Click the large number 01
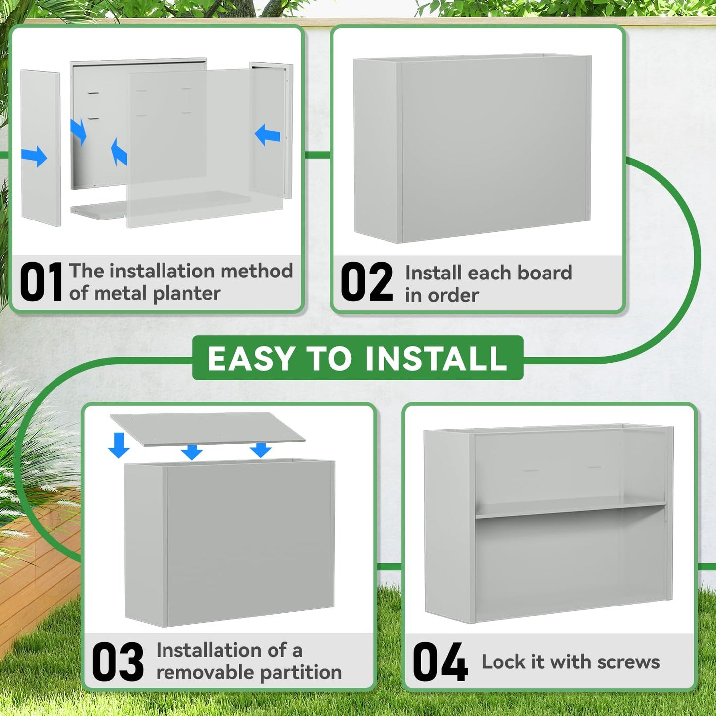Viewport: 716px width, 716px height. (41, 281)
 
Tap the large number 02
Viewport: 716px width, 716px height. (367, 281)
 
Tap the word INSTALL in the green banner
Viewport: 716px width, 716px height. (436, 358)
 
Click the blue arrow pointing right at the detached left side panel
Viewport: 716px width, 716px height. (34, 157)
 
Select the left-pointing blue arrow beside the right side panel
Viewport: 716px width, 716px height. (268, 134)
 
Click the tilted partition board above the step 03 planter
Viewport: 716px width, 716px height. (208, 429)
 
